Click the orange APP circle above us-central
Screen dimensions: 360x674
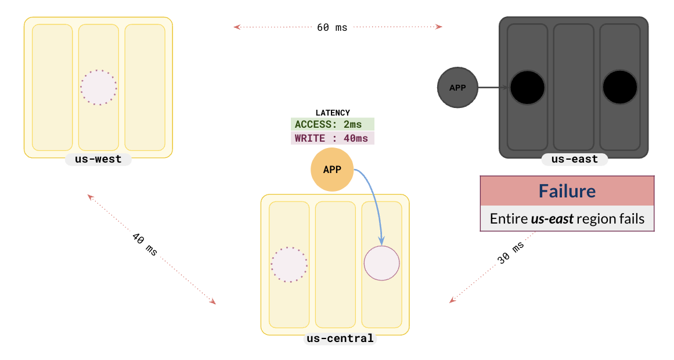332,170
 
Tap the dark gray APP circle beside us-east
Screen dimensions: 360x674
457,88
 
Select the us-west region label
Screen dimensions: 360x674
98,159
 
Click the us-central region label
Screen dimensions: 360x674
340,339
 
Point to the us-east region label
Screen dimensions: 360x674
575,159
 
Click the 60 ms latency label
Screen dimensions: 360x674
332,27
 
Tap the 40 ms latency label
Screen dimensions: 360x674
145,245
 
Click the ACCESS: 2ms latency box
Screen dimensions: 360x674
332,124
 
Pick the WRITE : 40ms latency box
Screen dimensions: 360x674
332,139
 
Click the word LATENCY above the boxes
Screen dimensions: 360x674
332,113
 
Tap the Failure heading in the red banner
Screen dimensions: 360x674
567,191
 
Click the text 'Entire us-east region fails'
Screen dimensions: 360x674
567,219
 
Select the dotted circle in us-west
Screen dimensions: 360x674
98,88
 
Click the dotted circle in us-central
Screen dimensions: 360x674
289,264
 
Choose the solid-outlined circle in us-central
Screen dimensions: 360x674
382,263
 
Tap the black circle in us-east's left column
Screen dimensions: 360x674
527,88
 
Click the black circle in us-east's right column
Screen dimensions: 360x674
620,88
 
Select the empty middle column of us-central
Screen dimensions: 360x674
335,264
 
